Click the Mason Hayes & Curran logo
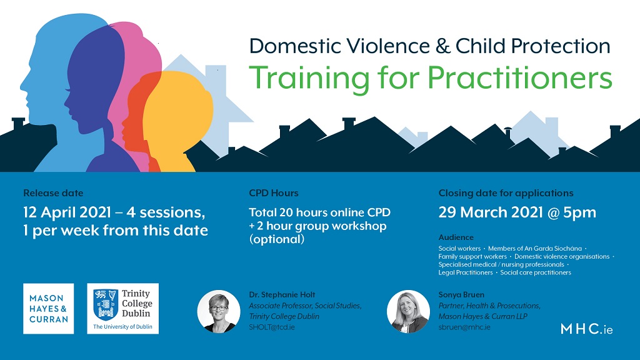(49, 309)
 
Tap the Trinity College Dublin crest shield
(105, 304)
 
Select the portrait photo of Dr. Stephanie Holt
(219, 311)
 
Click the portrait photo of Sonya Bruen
(408, 311)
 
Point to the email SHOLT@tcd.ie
(272, 327)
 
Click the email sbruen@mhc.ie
(464, 327)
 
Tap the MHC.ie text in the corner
(586, 329)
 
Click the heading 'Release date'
(53, 193)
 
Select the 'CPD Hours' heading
(274, 193)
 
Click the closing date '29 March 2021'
(491, 212)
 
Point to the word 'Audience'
(456, 237)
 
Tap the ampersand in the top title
(443, 46)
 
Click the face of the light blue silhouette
(37, 82)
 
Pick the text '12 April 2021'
(67, 212)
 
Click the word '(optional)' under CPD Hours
(277, 239)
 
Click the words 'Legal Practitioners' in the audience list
(465, 272)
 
